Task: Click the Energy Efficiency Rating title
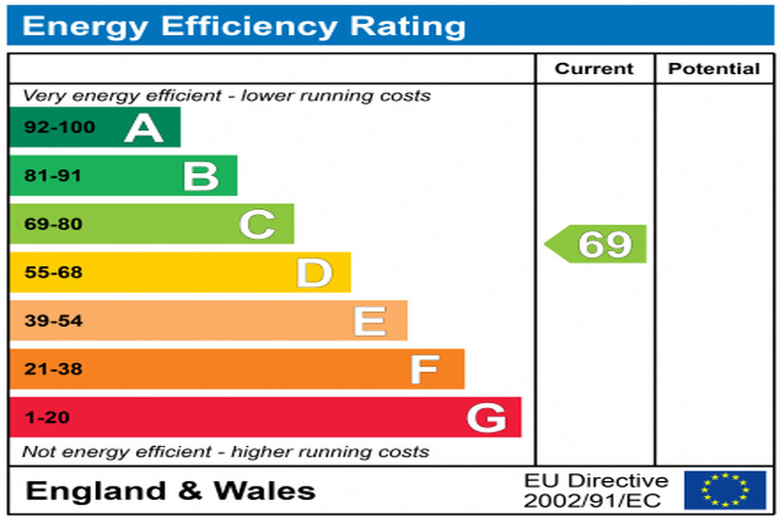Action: click(244, 26)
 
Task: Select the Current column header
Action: click(594, 68)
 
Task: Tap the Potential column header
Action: click(713, 68)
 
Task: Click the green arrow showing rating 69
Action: click(597, 244)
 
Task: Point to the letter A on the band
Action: click(144, 127)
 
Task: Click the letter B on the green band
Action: click(201, 176)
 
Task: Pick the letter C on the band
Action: click(257, 224)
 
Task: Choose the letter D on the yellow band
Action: click(314, 273)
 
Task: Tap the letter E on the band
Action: click(370, 321)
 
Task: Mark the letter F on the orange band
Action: click(425, 369)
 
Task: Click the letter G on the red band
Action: click(485, 417)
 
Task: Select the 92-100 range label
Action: click(59, 127)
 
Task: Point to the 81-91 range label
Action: click(53, 176)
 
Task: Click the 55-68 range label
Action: click(53, 273)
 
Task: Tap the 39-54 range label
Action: click(53, 321)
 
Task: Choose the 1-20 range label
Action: click(46, 417)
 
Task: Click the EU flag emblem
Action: click(725, 491)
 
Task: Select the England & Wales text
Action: click(170, 491)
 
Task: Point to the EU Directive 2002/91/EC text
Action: click(596, 491)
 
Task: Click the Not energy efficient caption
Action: click(225, 452)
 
